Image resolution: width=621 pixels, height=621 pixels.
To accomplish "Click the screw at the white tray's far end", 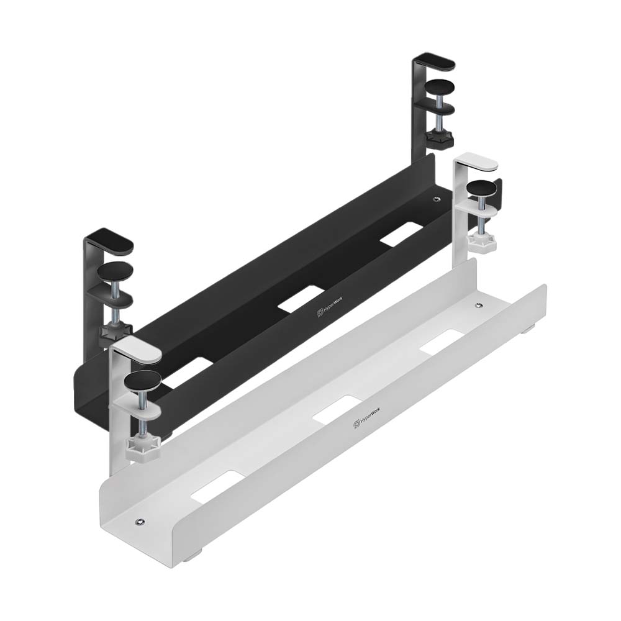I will (478, 306).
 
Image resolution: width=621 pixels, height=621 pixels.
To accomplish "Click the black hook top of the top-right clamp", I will (435, 63).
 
